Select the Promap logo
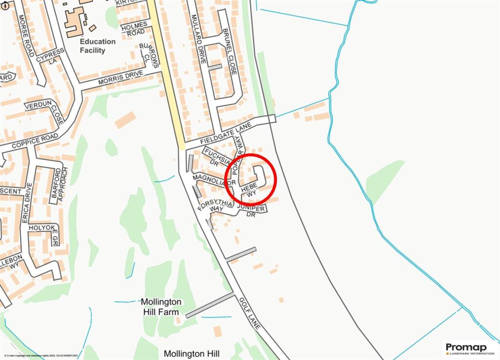(x=469, y=348)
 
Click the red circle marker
(x=251, y=179)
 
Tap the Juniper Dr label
(x=251, y=211)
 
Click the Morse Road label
(x=25, y=35)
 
